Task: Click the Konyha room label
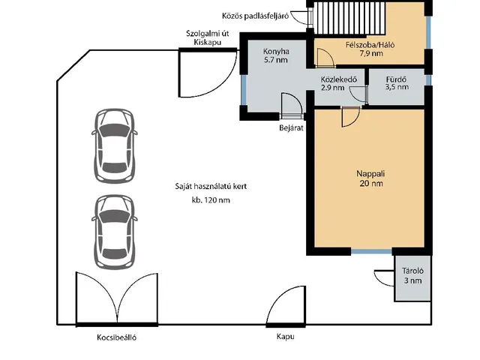pos(276,55)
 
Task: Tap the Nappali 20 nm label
pos(370,178)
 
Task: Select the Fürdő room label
pos(397,83)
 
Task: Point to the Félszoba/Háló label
pos(370,49)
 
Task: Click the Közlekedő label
pos(339,83)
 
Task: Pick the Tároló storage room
pos(412,278)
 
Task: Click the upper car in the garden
pos(115,145)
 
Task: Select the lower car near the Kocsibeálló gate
pos(115,232)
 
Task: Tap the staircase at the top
pos(349,18)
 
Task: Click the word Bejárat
pos(291,127)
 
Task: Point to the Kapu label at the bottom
pos(285,337)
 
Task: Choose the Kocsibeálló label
pos(117,337)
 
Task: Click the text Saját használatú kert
pos(211,186)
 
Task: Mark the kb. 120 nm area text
pos(211,200)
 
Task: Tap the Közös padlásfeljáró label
pos(255,16)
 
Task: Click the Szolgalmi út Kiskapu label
pos(208,37)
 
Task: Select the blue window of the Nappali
pos(371,252)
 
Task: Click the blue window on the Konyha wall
pos(243,90)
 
